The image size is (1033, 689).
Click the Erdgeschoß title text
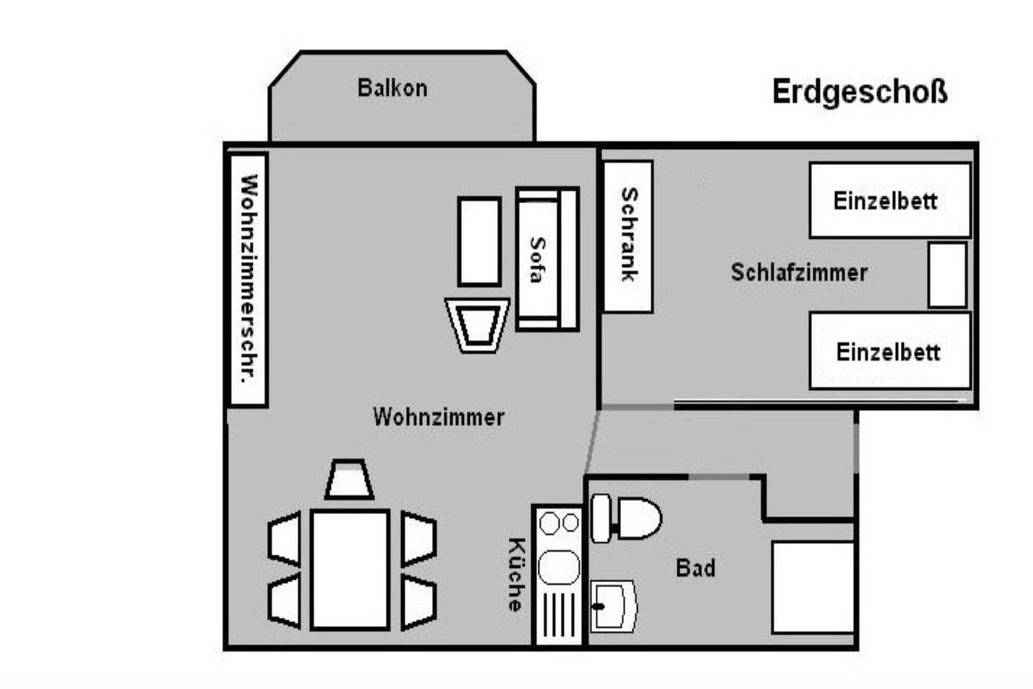pos(859,93)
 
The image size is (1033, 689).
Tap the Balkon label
pos(392,88)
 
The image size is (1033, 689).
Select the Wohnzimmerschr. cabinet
pos(248,279)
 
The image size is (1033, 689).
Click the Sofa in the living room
pos(547,259)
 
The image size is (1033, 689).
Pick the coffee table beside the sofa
pos(479,242)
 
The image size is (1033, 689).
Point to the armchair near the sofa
pos(477,325)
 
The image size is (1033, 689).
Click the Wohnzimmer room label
pos(438,417)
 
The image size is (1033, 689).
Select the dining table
pos(350,569)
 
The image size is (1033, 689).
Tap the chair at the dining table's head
pos(349,480)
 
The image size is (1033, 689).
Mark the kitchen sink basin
pos(559,567)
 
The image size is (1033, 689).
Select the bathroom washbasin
pos(614,606)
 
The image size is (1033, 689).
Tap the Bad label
pos(695,568)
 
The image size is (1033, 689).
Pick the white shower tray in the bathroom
pos(813,586)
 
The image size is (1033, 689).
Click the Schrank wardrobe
pos(628,236)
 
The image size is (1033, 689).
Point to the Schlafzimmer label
pos(798,273)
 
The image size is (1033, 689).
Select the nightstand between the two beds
pos(947,275)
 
